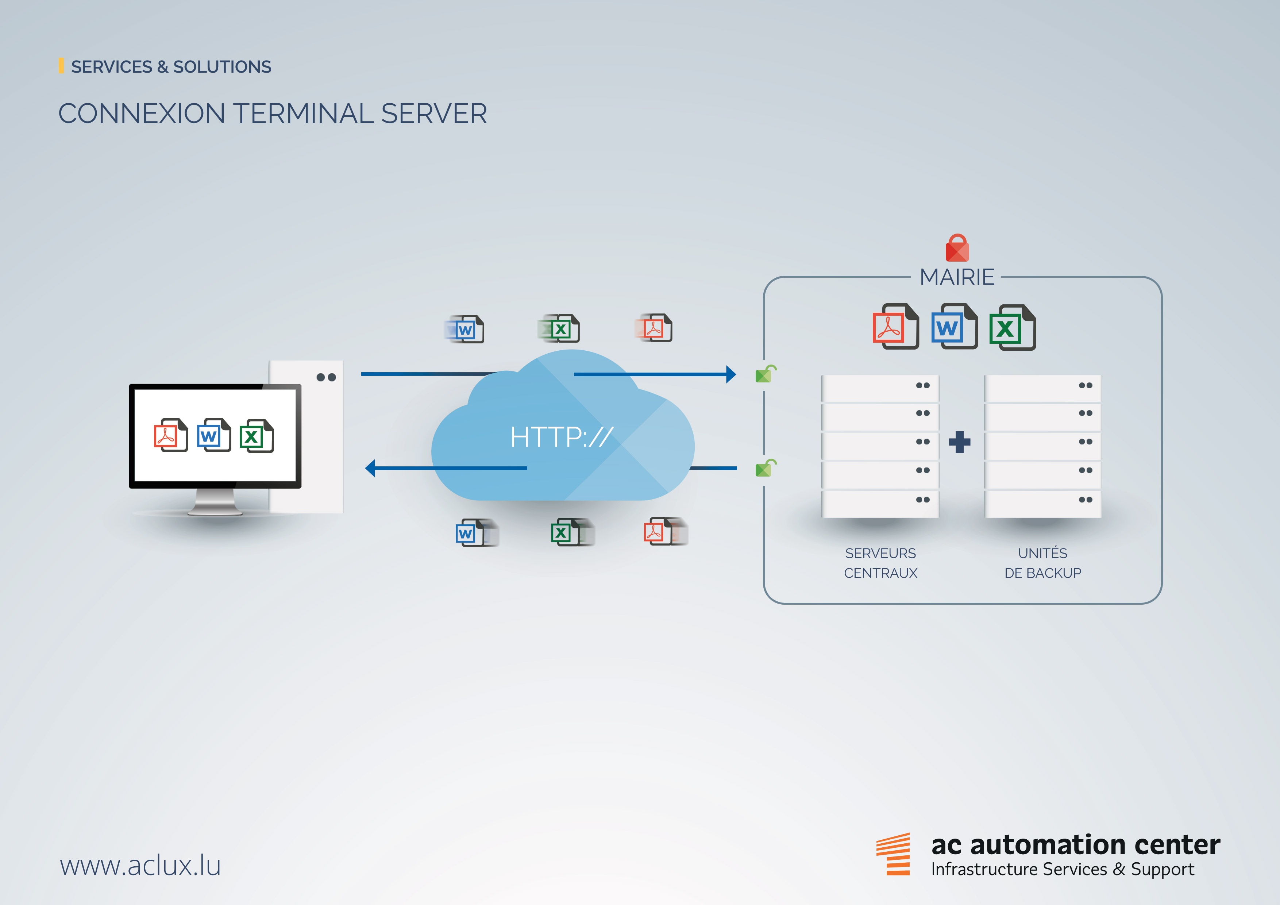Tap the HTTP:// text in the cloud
pyautogui.click(x=562, y=436)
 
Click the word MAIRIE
pyautogui.click(x=957, y=277)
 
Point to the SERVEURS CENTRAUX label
pyautogui.click(x=880, y=563)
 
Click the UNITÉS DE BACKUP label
pyautogui.click(x=1042, y=563)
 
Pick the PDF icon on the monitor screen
pyautogui.click(x=170, y=435)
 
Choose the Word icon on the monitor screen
pyautogui.click(x=213, y=435)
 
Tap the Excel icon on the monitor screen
pyautogui.click(x=256, y=435)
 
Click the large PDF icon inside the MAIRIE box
pyautogui.click(x=895, y=327)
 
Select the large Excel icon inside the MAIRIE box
pyautogui.click(x=1012, y=327)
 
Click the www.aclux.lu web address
pyautogui.click(x=140, y=866)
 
